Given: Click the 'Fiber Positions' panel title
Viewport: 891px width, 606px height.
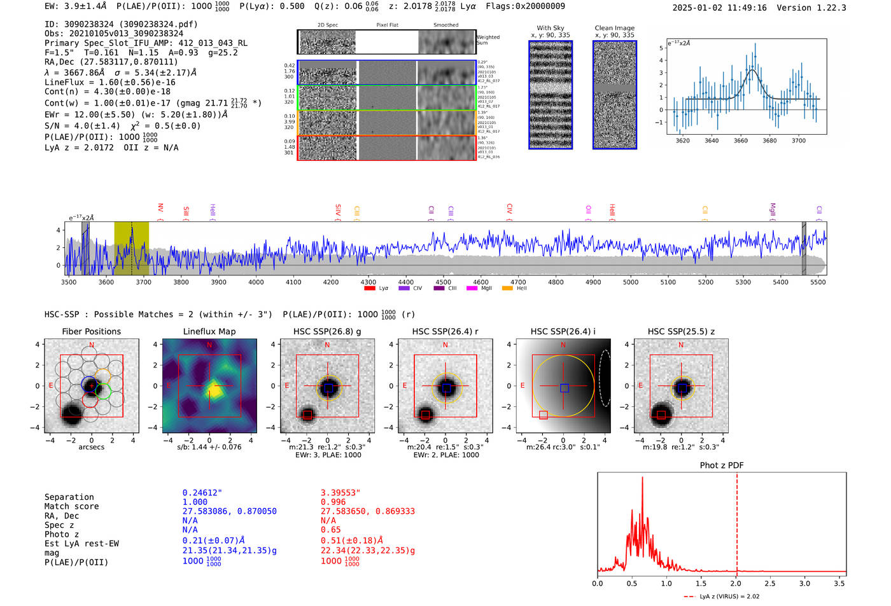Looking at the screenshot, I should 91,331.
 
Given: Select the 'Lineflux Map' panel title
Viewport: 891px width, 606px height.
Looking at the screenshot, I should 209,331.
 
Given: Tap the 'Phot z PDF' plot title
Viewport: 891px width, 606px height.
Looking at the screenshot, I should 721,465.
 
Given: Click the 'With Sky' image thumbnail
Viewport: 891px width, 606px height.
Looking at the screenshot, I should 551,95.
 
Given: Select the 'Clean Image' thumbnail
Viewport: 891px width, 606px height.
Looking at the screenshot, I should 614,95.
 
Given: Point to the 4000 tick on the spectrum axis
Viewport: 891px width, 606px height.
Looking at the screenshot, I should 256,282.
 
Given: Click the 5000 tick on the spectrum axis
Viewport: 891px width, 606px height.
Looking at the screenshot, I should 630,282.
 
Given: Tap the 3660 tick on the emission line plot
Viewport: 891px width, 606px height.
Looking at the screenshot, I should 740,141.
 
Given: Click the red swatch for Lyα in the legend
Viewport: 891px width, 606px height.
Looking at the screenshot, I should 369,288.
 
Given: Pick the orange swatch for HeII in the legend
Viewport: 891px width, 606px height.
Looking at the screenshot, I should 507,288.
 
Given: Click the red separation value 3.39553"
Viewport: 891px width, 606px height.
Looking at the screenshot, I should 340,493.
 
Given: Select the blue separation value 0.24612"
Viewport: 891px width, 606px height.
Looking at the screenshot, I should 202,493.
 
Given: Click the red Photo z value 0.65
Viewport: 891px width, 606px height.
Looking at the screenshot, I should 331,530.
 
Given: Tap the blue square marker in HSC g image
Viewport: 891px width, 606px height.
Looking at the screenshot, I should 328,388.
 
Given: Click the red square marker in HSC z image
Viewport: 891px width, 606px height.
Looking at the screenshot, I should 661,415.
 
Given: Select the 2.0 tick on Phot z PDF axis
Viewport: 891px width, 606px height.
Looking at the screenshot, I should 735,583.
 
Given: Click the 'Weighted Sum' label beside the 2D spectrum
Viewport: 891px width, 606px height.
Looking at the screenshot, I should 488,40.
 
